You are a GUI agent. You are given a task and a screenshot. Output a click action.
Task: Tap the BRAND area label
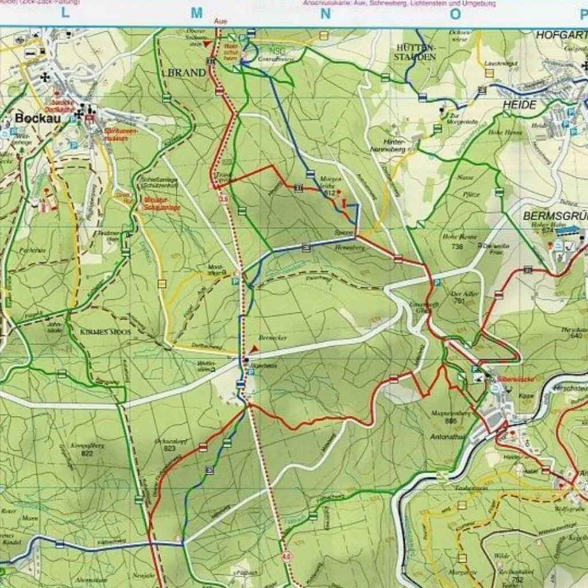(x=186, y=73)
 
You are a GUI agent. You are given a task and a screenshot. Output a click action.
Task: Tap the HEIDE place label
(x=519, y=105)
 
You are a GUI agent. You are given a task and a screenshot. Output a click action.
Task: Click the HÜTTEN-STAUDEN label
(x=415, y=52)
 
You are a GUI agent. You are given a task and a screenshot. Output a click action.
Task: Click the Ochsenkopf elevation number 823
(x=169, y=448)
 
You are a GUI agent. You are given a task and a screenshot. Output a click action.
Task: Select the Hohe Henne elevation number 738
(x=457, y=246)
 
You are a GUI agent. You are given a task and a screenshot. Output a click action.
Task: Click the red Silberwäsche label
(x=506, y=380)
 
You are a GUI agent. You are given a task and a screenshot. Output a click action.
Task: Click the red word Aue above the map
(x=220, y=21)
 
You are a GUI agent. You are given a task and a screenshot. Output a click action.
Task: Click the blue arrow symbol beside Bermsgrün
(x=567, y=230)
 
